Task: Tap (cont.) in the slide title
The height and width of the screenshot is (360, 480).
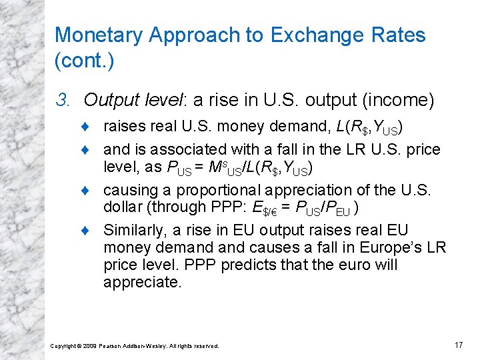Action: pos(85,62)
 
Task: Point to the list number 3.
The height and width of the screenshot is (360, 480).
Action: pos(63,101)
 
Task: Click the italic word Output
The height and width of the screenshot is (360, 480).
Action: pos(113,101)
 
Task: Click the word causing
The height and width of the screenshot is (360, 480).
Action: pos(131,189)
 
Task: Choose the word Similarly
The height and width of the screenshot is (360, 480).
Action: pos(133,231)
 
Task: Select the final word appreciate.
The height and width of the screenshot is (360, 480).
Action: pos(142,282)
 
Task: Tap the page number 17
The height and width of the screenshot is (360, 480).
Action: pos(457,345)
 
